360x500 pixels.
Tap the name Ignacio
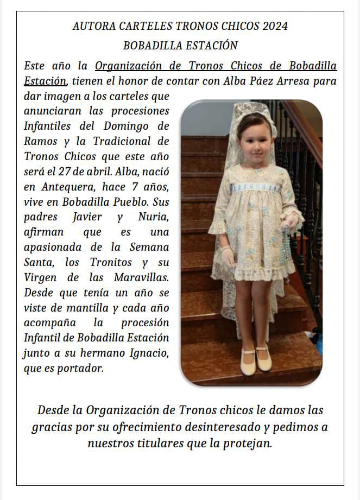144,353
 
